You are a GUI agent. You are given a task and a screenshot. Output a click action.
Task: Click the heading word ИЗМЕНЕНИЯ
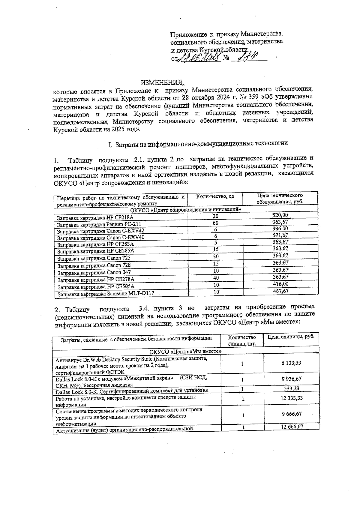tap(162, 82)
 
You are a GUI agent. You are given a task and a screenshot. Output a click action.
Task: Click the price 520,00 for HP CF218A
tap(280, 215)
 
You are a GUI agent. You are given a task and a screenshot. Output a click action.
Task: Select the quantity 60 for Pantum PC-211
tap(215, 223)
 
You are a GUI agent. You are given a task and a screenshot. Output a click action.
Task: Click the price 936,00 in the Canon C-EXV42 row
tap(280, 229)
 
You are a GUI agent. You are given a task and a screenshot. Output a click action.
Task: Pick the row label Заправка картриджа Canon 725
tap(94, 258)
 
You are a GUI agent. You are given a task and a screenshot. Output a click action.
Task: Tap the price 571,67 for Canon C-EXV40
tap(280, 235)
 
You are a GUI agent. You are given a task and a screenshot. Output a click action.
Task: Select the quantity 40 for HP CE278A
tap(216, 278)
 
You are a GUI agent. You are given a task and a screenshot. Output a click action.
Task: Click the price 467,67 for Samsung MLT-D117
tap(280, 291)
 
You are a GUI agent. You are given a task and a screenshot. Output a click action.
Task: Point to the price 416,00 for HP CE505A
tap(280, 284)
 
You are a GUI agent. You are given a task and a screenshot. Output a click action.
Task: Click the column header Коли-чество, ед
tap(215, 196)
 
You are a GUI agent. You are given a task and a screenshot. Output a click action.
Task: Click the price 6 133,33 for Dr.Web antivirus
tap(291, 363)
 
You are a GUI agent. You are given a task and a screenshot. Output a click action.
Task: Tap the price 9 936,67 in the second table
tap(291, 379)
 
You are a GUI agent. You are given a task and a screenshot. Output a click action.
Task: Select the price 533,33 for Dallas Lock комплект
tap(291, 389)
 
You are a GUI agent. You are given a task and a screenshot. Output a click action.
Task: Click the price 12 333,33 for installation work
tap(291, 398)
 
